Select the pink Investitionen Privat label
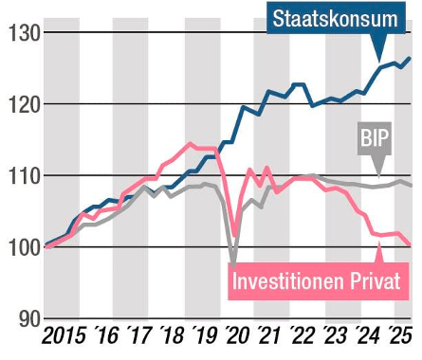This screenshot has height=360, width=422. coord(320,281)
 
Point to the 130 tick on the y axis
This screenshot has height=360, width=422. coord(20,33)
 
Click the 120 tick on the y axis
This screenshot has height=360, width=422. coord(20,104)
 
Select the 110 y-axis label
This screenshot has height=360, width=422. coord(20,176)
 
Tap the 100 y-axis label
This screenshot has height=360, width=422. coord(20,247)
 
